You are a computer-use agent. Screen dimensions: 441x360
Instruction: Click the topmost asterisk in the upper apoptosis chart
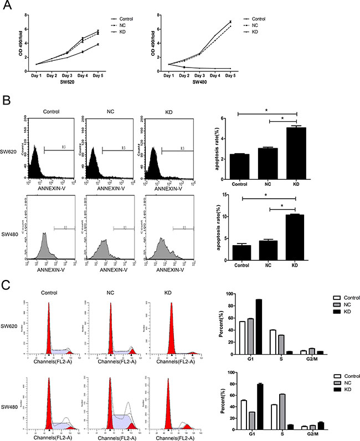(268, 111)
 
